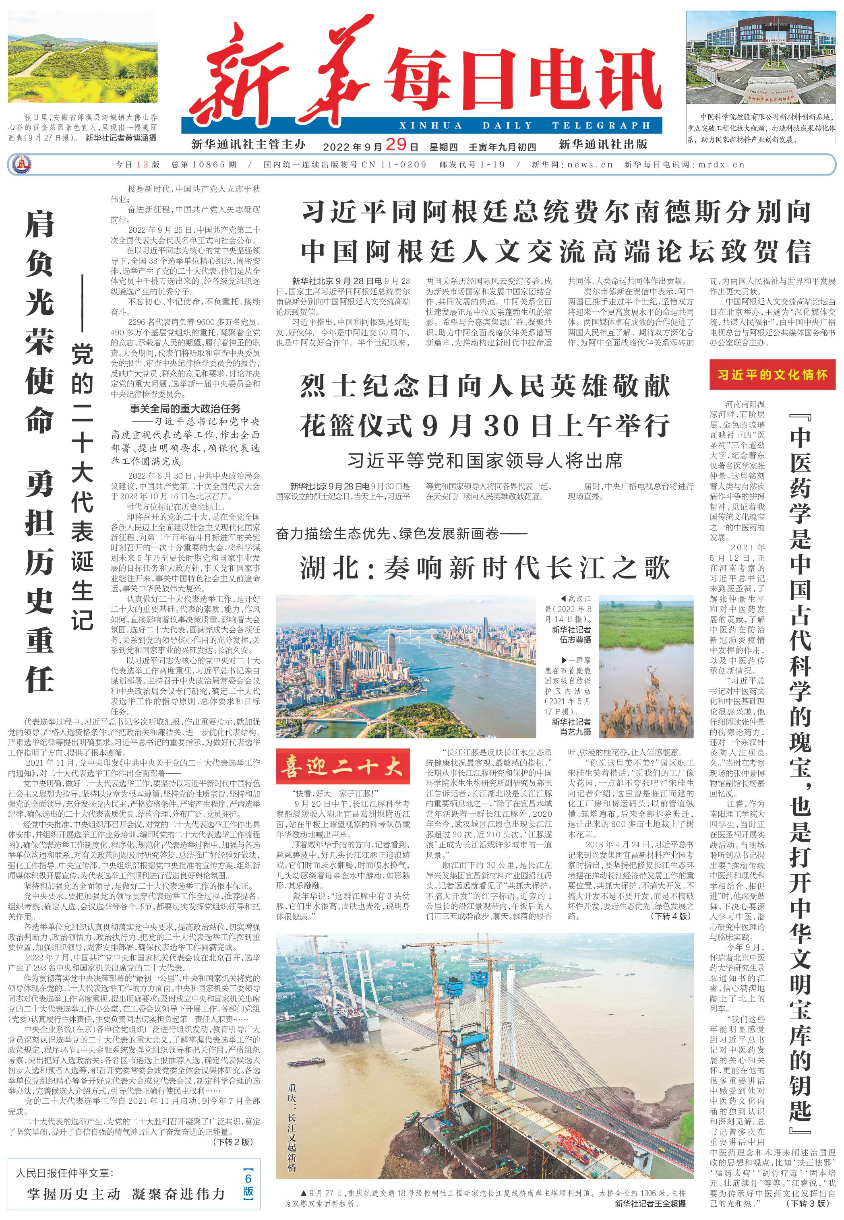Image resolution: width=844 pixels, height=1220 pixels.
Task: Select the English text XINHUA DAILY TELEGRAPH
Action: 525,126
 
